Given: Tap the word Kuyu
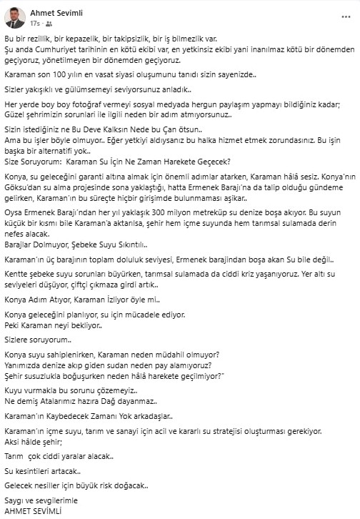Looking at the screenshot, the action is (14, 391).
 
